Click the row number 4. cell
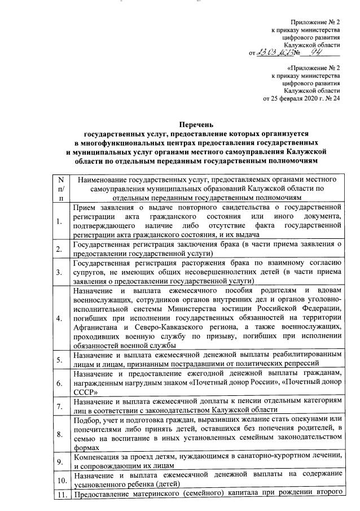[x=59, y=318]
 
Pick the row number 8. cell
[x=59, y=434]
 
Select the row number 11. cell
[x=60, y=496]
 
